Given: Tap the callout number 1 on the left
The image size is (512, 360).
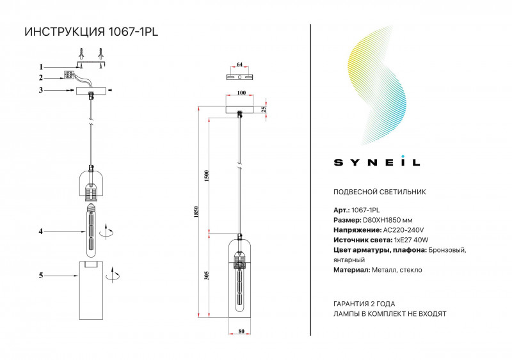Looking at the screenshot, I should (x=41, y=67).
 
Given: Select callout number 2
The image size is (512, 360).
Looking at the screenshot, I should (x=41, y=77).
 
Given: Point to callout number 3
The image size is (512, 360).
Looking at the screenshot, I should (x=41, y=90).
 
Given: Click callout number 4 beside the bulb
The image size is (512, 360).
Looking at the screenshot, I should (x=41, y=231).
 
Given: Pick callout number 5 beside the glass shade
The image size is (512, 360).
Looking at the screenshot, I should (x=41, y=276).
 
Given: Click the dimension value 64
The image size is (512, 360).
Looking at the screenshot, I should (x=240, y=65).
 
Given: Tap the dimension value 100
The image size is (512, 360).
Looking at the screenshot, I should (x=241, y=93).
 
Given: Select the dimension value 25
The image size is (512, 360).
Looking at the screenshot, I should (x=264, y=109).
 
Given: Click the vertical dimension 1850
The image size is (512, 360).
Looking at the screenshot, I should (x=197, y=212).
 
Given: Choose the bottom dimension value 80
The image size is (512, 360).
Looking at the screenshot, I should (x=241, y=331).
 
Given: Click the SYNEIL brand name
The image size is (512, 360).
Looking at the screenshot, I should (x=377, y=162).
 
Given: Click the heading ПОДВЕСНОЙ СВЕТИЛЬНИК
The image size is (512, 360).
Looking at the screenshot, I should (x=380, y=192).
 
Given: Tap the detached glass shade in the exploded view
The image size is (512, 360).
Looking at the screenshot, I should (x=92, y=288).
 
